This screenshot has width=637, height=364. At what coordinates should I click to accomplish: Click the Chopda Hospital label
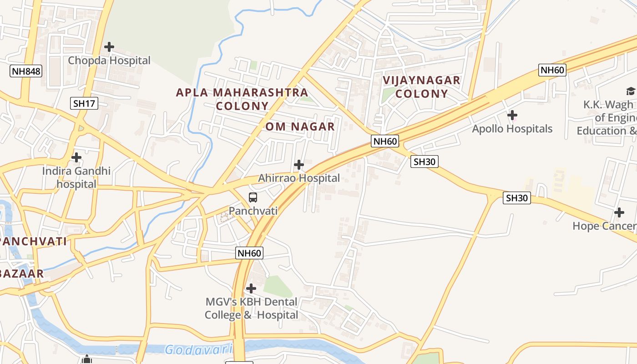tap(109, 61)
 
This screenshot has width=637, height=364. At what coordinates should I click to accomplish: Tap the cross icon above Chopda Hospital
tap(109, 46)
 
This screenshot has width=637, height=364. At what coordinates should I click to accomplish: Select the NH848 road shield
tap(26, 71)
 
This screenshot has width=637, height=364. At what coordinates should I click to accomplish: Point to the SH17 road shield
tap(84, 103)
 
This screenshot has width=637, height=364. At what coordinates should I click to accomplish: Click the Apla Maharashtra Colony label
tap(242, 99)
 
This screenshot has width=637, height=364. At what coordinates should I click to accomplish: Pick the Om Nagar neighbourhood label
tap(300, 126)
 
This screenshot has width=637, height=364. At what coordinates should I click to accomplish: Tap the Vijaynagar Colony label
tap(421, 87)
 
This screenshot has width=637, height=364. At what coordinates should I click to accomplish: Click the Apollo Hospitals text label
tap(512, 129)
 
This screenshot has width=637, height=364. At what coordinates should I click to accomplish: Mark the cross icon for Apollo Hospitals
tap(512, 115)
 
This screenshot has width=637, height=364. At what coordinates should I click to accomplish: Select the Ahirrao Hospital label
tap(299, 178)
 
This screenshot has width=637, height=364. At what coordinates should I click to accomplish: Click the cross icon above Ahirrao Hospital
tap(299, 165)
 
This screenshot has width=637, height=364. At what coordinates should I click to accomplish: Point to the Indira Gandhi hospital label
tap(76, 177)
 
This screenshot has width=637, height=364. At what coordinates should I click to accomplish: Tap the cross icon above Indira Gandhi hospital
tap(76, 157)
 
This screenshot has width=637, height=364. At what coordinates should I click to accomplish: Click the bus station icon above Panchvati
tap(253, 197)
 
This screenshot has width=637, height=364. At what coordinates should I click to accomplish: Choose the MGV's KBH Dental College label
tap(251, 308)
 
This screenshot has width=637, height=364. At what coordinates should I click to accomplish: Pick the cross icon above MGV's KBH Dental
tap(251, 288)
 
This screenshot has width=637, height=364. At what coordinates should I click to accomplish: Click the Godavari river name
tap(198, 350)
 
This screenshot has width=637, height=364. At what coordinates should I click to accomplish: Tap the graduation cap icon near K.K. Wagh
tap(631, 91)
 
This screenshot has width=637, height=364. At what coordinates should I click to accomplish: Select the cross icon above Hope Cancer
tap(619, 212)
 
